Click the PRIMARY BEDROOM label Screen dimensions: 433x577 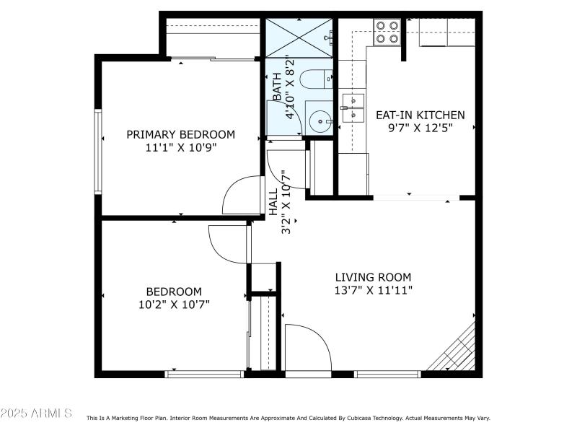point(181,134)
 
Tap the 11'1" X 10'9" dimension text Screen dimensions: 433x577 point(181,147)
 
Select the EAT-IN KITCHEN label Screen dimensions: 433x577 point(420,115)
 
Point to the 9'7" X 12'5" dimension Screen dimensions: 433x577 point(420,128)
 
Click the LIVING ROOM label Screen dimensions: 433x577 point(373,277)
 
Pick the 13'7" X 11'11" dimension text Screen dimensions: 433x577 point(373,290)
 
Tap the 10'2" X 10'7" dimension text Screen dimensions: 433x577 point(174,304)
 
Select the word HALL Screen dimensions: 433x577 point(273,203)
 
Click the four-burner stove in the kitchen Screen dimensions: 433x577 point(387,32)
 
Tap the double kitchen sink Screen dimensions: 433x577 point(353,107)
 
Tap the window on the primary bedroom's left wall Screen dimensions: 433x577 point(97,151)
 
